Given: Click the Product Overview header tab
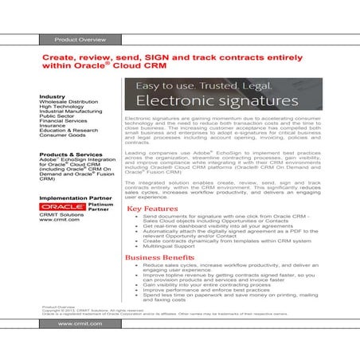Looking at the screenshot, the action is coord(75,38).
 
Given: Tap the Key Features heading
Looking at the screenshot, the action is coord(152,209).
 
